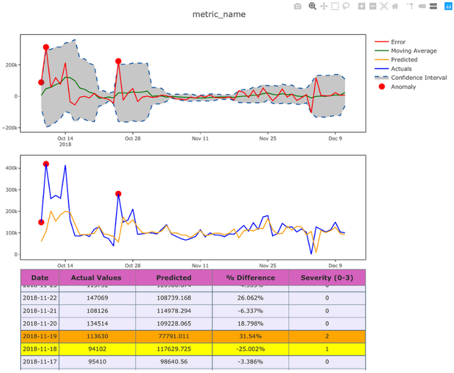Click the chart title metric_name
click(219, 14)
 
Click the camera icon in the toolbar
click(298, 7)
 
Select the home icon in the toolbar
click(395, 7)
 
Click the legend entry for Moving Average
click(414, 51)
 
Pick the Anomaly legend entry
click(403, 87)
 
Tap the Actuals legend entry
click(401, 69)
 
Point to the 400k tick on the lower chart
click(10, 168)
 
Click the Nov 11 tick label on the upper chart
click(200, 139)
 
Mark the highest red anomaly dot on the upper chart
click(46, 48)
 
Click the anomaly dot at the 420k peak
click(46, 164)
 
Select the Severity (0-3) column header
click(327, 278)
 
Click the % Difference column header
click(250, 278)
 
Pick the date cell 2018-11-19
click(39, 337)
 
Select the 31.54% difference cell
click(250, 337)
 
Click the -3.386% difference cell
click(250, 362)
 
